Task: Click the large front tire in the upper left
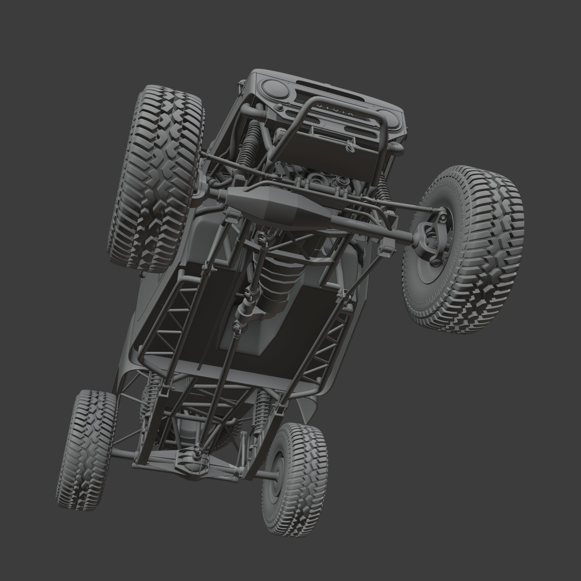point(156,177)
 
